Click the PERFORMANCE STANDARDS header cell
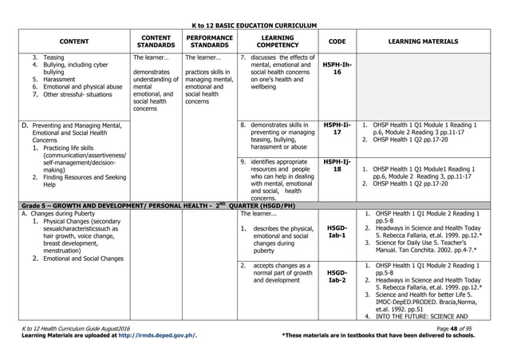click(209, 40)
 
